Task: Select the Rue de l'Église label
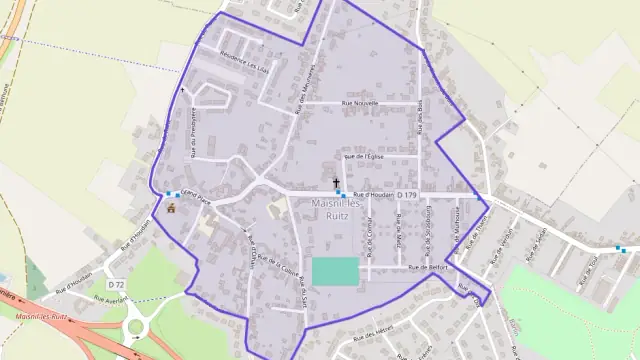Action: (x=364, y=156)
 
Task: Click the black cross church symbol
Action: (x=336, y=182)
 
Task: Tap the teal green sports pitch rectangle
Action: (x=335, y=271)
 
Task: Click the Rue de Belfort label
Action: (x=431, y=268)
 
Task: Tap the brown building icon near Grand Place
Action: (x=171, y=209)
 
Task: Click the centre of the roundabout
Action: (x=138, y=327)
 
